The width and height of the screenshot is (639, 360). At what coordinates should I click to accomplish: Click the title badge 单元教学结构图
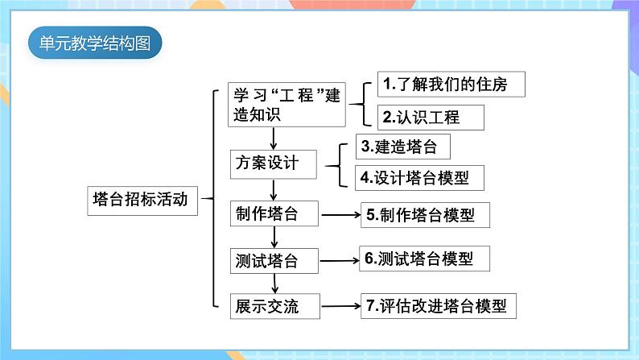(95, 43)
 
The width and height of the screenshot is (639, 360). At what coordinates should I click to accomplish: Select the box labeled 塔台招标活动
(142, 201)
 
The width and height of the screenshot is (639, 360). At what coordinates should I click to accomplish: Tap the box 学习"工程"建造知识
(287, 105)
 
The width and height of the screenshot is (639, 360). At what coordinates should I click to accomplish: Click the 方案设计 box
(273, 164)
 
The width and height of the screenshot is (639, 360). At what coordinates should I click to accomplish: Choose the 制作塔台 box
(274, 213)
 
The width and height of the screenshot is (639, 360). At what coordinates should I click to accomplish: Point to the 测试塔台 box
(274, 261)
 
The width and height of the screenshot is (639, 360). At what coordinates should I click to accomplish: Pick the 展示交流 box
(274, 306)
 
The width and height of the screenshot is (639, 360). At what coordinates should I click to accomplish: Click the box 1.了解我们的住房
(451, 85)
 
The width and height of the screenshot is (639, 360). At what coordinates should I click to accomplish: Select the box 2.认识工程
(431, 118)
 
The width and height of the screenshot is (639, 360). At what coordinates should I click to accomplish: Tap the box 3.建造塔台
(403, 147)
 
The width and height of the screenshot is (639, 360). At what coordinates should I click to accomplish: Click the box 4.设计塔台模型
(419, 178)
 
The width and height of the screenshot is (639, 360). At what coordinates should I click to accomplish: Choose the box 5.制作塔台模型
(425, 215)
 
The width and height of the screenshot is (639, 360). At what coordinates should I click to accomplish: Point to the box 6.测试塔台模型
(424, 259)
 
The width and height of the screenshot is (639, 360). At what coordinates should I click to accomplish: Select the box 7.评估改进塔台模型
(438, 306)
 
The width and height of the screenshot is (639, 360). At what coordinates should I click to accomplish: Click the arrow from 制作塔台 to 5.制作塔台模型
(341, 214)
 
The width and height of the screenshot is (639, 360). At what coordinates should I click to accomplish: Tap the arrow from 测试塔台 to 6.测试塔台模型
(340, 260)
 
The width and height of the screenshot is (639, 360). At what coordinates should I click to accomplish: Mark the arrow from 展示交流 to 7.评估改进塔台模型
(341, 306)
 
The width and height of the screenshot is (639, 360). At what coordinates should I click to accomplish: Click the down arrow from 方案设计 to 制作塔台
(274, 189)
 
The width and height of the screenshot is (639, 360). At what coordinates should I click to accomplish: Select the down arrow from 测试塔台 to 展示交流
(275, 283)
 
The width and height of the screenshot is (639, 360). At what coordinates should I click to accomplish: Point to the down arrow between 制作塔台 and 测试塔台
(274, 237)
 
